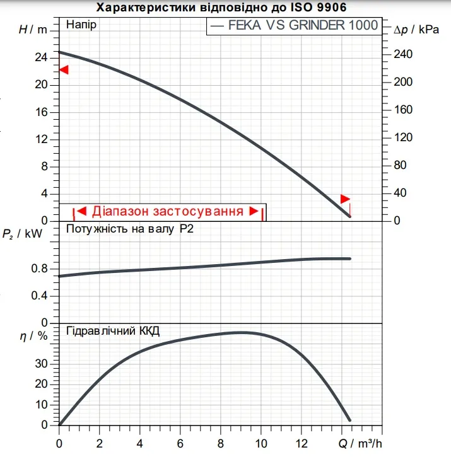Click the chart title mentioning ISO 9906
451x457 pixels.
point(221,8)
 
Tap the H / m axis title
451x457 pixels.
point(33,30)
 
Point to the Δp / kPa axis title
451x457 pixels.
point(416,30)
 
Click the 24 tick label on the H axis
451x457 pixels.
point(41,57)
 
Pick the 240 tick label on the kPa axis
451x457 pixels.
point(403,54)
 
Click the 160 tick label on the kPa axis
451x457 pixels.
point(403,110)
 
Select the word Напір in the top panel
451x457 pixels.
point(81,25)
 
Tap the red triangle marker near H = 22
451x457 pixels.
point(64,70)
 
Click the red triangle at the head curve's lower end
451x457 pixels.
point(345,199)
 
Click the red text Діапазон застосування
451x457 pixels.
point(168,211)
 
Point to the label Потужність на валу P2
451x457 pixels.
point(130,229)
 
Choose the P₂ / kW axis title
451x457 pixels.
point(22,233)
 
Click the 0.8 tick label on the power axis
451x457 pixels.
point(39,269)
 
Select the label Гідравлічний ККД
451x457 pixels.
point(113,331)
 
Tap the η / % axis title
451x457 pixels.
point(33,336)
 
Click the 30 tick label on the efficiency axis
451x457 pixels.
point(41,364)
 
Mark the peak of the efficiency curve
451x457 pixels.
point(241,333)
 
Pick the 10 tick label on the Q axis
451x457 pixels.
point(261,444)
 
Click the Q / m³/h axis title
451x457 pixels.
point(360,444)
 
